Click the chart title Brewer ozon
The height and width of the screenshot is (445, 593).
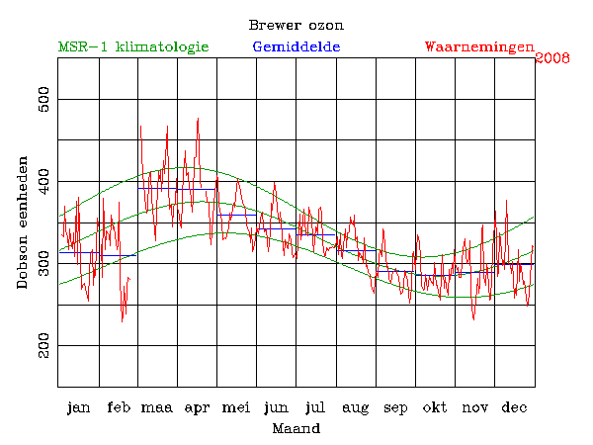tap(296, 24)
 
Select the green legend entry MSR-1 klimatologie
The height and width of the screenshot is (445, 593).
tap(133, 46)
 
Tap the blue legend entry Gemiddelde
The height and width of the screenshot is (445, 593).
tap(296, 46)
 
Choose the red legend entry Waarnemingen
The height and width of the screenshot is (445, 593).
tap(479, 46)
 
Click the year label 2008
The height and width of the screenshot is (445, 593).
tap(552, 58)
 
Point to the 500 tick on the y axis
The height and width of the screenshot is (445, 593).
tap(43, 100)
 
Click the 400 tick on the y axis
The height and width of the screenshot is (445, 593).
tap(43, 182)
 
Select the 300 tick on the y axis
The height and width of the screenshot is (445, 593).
tap(43, 264)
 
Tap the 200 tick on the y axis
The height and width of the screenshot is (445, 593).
tap(43, 346)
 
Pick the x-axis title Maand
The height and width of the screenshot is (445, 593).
tap(296, 429)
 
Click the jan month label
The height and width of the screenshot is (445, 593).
tap(78, 407)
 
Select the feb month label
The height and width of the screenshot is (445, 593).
tap(118, 407)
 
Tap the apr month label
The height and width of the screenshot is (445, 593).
tap(197, 407)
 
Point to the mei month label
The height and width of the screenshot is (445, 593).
tap(236, 407)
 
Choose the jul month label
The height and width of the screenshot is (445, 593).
tap(315, 407)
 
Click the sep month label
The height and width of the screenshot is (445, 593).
tap(395, 407)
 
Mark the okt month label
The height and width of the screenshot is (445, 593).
tap(435, 407)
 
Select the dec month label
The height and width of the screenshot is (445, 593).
tap(514, 407)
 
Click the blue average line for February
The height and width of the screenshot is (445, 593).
tap(118, 255)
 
